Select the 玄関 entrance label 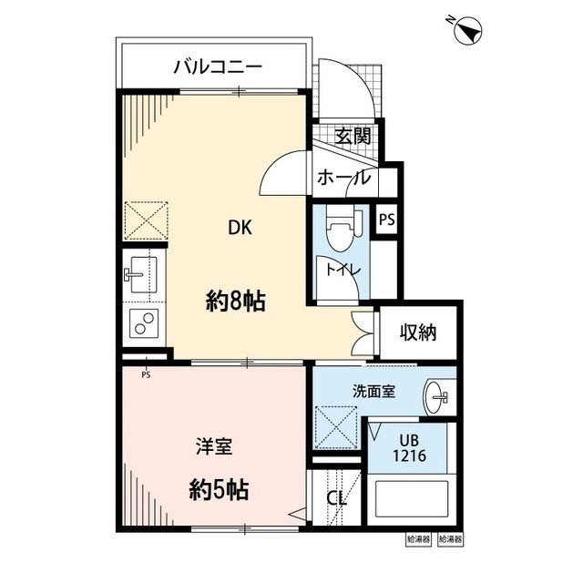pyautogui.click(x=352, y=138)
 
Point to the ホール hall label pyautogui.click(x=343, y=179)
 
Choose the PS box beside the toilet pyautogui.click(x=387, y=220)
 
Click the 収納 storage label pyautogui.click(x=418, y=332)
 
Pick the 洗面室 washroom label pyautogui.click(x=373, y=391)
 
